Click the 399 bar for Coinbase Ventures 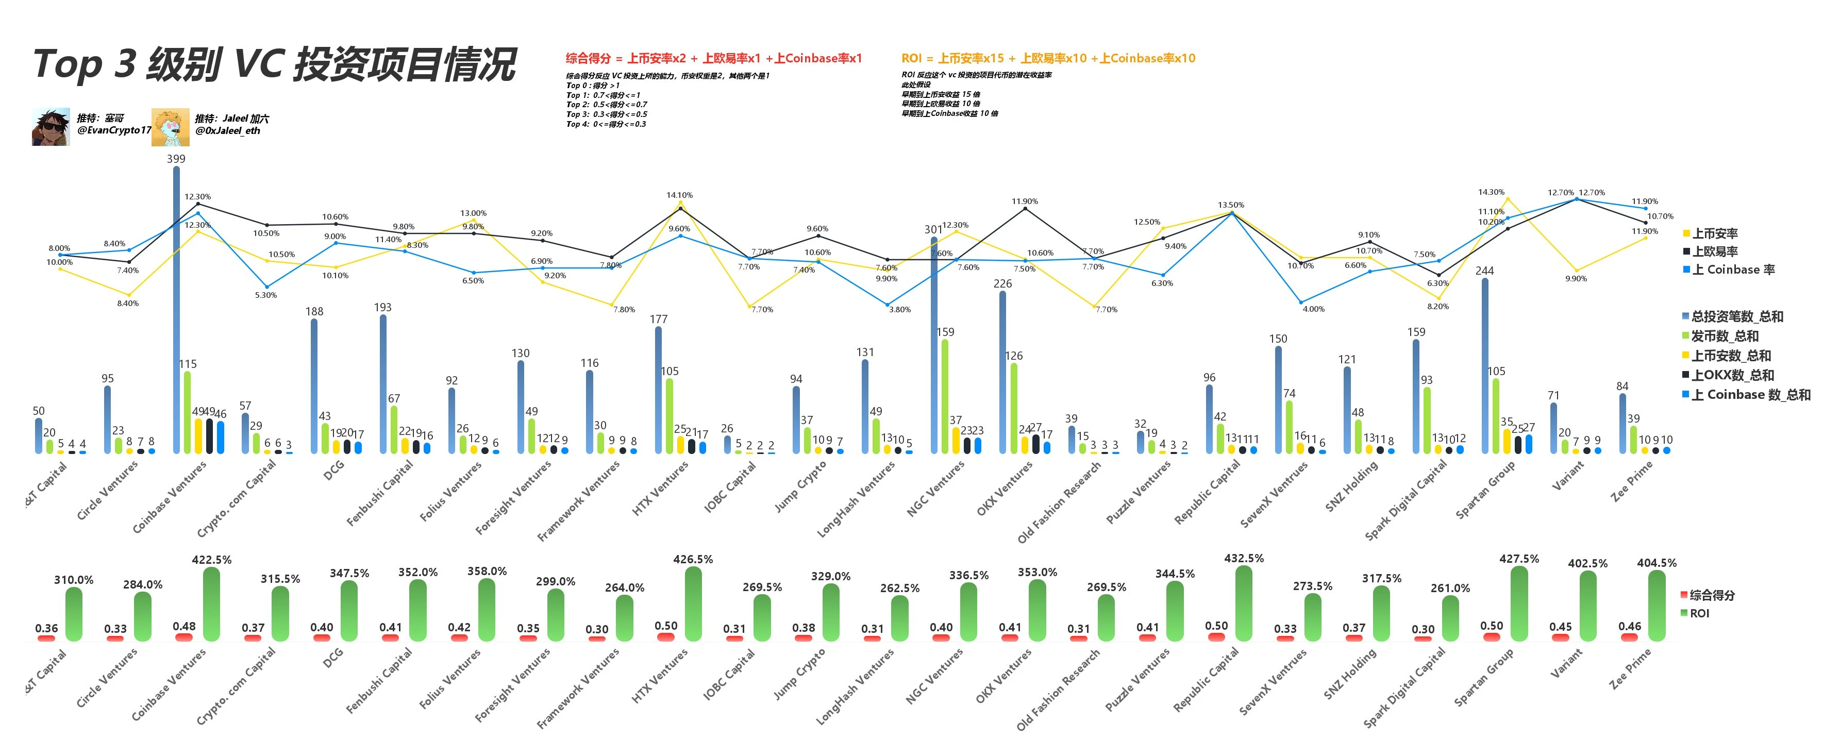tap(176, 307)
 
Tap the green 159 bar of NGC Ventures tap(945, 396)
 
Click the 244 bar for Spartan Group tap(1485, 364)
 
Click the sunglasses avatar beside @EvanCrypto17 tap(51, 127)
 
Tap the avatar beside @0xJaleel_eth tap(170, 127)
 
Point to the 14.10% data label tap(679, 195)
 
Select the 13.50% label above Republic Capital tap(1231, 205)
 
